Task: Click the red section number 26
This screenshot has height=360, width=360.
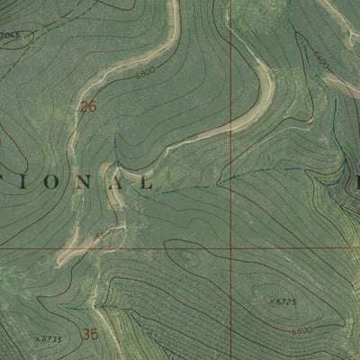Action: [87, 107]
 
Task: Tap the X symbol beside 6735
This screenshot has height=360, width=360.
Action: [36, 338]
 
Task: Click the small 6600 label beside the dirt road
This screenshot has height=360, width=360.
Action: [105, 232]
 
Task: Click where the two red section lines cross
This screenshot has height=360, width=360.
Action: [231, 246]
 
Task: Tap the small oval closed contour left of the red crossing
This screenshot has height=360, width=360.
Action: [189, 261]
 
